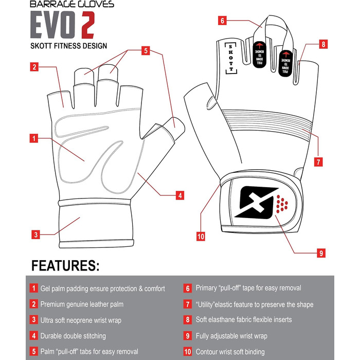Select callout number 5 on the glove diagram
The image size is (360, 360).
(x=146, y=51)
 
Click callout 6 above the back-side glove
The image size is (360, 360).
(x=222, y=21)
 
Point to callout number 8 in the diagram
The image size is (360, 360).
(x=323, y=44)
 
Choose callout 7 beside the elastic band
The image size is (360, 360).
(x=318, y=162)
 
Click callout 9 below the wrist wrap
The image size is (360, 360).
(x=321, y=253)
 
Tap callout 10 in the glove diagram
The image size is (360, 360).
(x=201, y=237)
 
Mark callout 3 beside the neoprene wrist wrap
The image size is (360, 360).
(x=36, y=235)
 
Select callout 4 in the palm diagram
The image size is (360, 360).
(x=180, y=195)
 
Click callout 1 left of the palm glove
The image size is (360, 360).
(x=34, y=138)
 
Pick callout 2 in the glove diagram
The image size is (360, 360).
(x=34, y=67)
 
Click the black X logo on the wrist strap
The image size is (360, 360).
(x=255, y=202)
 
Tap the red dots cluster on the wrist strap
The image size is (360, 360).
(x=282, y=204)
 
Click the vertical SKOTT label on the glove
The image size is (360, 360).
(x=231, y=58)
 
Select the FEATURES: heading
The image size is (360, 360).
(x=65, y=266)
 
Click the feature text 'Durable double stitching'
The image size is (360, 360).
(x=73, y=336)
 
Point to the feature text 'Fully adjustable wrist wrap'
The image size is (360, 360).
(x=231, y=336)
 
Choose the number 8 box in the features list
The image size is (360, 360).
(x=188, y=320)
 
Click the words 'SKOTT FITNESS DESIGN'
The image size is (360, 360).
(x=68, y=46)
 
